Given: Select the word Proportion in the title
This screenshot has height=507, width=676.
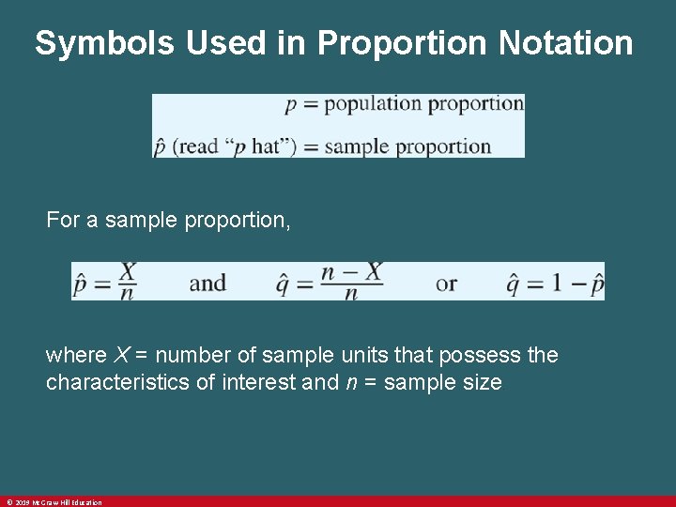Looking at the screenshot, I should point(405,43).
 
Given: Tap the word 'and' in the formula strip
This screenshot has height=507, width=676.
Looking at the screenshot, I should point(207,283).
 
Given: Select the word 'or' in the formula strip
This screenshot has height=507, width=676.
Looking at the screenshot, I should point(447,283).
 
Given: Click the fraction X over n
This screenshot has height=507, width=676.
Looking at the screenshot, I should point(127,282).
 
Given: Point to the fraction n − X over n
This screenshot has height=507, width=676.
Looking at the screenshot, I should point(351,282).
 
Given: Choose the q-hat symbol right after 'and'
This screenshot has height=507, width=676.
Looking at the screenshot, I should point(283,282).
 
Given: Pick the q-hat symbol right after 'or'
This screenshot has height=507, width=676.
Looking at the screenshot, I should point(514,283).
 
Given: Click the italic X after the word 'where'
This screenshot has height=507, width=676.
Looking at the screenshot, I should point(121,356).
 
